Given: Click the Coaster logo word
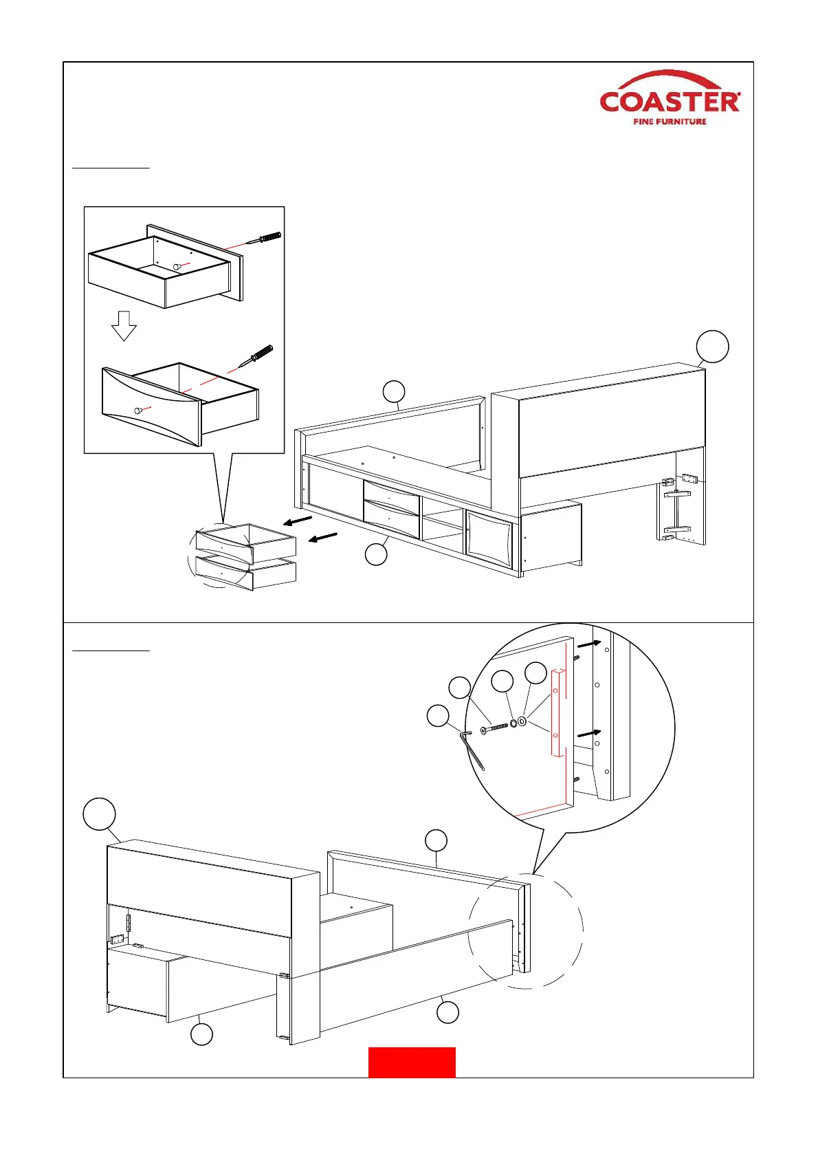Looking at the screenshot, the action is tap(670, 102).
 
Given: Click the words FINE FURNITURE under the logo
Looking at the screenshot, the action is tap(670, 122).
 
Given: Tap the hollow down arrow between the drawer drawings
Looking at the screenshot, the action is tap(124, 326).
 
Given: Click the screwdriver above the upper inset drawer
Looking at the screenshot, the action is tap(264, 239).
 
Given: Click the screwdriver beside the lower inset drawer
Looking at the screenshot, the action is tap(256, 356).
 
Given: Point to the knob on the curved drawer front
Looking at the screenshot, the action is tap(138, 410).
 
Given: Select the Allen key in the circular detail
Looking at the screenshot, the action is tap(473, 749).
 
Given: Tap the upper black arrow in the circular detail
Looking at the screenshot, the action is tap(589, 644).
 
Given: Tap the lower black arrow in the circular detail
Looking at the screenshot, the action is tap(589, 734).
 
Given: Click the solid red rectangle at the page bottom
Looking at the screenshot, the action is tap(412, 1062).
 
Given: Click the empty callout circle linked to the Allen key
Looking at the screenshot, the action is tap(438, 715).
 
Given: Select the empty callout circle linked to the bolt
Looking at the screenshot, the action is tap(460, 688).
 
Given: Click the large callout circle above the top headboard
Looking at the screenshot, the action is tap(713, 346).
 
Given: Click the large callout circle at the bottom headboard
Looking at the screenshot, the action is tap(99, 814).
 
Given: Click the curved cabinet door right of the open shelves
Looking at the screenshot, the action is tap(489, 539).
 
